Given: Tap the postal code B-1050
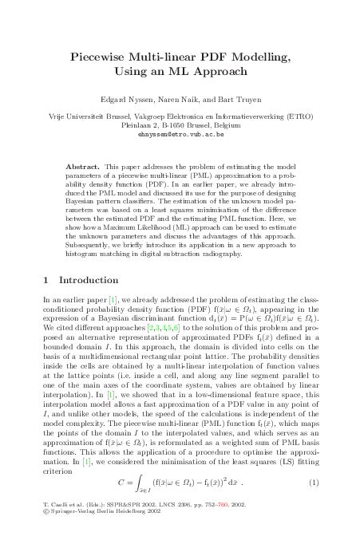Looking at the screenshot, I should click(176, 125).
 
